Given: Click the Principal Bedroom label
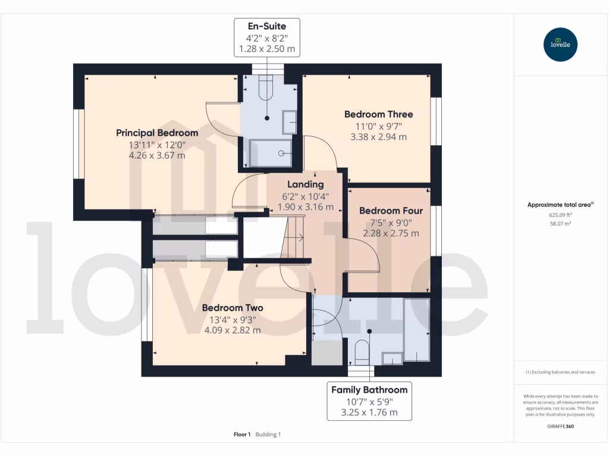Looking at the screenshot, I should point(157,133).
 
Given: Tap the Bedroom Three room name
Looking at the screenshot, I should point(378,114).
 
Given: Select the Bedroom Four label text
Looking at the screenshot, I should point(391,211).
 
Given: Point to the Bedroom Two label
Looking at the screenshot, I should point(232,308).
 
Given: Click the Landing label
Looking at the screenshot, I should point(305,184).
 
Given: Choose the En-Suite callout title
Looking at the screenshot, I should point(267,26).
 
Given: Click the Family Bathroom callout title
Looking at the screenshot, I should point(369,390).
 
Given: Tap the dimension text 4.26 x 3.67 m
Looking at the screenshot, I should point(157,155).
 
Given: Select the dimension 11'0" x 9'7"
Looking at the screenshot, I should point(378,126).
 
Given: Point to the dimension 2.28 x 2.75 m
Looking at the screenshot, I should point(391,233).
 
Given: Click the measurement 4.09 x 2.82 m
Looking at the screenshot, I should point(232,330).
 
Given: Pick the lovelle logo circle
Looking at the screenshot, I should point(561,45).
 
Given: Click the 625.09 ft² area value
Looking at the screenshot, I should point(561,215).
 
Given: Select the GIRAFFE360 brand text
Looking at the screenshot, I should point(561,426).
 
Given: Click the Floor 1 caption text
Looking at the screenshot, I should point(242,434).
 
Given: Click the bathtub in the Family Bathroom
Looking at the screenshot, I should point(416,328).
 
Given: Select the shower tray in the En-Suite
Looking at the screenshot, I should point(271,152).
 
